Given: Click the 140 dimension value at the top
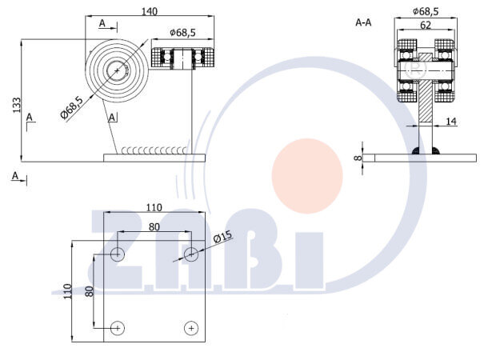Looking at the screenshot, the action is pyautogui.click(x=149, y=11).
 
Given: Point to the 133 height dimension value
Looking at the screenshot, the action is pyautogui.click(x=17, y=105).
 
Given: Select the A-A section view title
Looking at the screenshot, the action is pyautogui.click(x=363, y=22).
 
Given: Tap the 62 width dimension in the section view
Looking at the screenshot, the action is pyautogui.click(x=426, y=25).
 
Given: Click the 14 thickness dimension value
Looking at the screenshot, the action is pyautogui.click(x=451, y=121).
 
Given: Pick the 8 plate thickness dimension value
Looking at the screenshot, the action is pyautogui.click(x=358, y=158).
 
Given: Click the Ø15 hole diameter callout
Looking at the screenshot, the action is pyautogui.click(x=222, y=237).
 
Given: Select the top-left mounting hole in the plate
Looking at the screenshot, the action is pyautogui.click(x=118, y=254).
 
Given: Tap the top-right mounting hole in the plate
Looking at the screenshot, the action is pyautogui.click(x=191, y=254).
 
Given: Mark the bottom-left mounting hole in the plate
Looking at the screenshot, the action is pyautogui.click(x=118, y=328).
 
